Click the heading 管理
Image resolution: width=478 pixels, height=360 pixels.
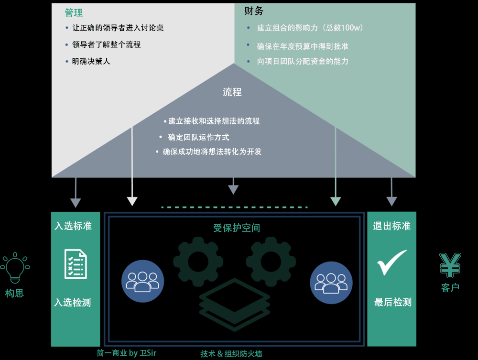pos(74,13)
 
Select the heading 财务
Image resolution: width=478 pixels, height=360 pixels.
pos(254,11)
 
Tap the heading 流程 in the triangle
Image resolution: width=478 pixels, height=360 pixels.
pos(232,92)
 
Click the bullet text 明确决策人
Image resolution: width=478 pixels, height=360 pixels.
pos(91,61)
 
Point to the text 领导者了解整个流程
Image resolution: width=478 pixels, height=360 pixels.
pos(106,44)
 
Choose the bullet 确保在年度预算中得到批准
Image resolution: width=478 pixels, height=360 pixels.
pos(303,46)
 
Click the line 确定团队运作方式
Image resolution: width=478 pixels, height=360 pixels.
pos(198,137)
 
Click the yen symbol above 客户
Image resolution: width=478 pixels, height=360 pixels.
pos(450,265)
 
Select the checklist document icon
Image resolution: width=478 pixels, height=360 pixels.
pos(76,264)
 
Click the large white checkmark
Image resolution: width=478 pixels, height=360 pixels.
pos(392,263)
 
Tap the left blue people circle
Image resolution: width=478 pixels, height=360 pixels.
pos(142,281)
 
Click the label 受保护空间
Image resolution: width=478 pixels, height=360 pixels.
pos(237,228)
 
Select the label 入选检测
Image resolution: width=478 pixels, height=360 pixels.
pos(73,303)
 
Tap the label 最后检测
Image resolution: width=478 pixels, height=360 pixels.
pos(392,302)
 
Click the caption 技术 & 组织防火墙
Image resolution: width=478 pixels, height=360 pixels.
pos(231,354)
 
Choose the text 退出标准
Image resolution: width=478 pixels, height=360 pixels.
pos(391,226)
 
